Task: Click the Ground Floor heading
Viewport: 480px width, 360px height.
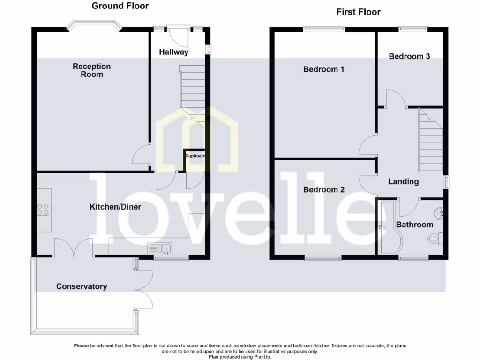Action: [x=120, y=6]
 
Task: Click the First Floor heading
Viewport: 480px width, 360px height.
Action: [x=359, y=12]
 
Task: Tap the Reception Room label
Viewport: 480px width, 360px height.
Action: [x=91, y=70]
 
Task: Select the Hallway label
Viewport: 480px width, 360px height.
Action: [x=173, y=52]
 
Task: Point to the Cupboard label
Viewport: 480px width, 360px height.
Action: [x=195, y=156]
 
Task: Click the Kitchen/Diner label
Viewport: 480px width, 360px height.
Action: [x=115, y=207]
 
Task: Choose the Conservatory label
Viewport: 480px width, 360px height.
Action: [x=82, y=286]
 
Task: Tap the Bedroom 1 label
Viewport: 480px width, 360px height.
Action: [x=324, y=69]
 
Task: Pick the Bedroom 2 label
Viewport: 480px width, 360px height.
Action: [x=324, y=190]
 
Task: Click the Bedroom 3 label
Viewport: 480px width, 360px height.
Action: [x=409, y=56]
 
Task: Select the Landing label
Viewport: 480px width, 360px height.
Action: [x=403, y=181]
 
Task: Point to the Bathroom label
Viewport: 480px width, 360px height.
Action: [x=414, y=225]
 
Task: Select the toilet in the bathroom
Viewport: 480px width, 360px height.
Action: [x=434, y=239]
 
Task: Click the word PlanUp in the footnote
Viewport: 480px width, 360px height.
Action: [x=260, y=357]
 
